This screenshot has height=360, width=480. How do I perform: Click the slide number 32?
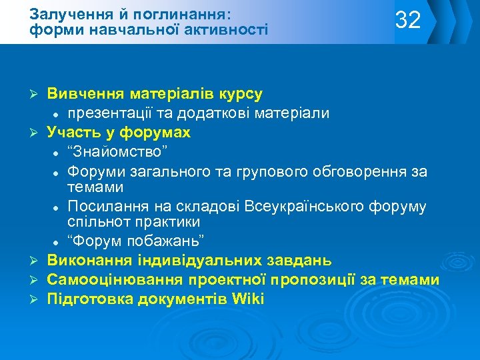point(408,20)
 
